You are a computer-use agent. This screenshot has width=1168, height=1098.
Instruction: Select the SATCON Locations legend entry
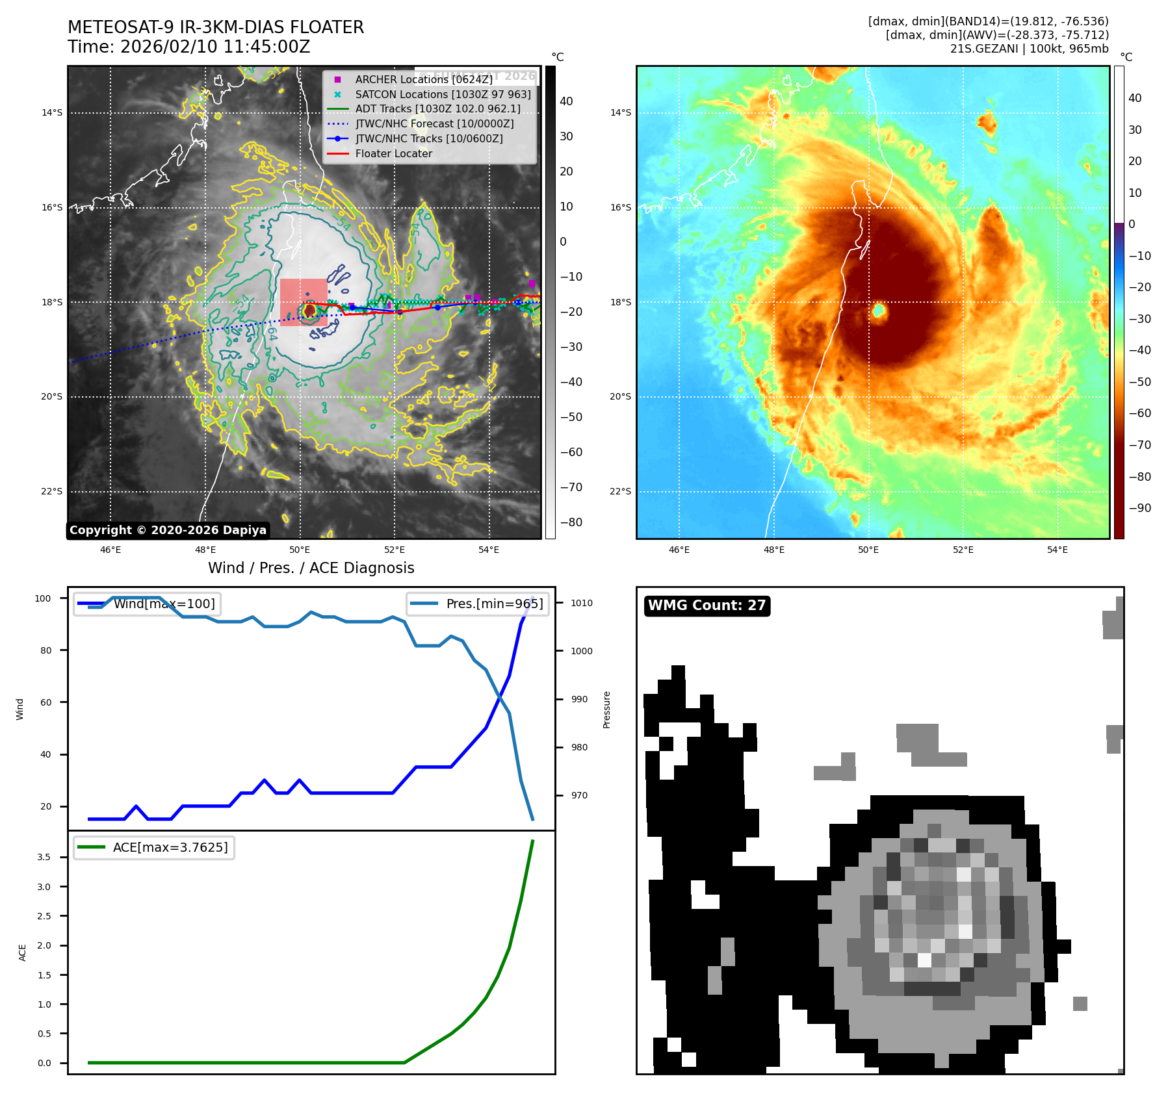coord(443,94)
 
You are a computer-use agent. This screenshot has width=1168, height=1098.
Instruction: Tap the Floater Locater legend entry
coord(393,153)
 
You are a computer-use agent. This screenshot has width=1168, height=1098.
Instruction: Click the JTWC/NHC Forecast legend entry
coord(434,123)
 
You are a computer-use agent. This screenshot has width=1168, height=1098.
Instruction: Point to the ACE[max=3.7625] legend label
coord(170,847)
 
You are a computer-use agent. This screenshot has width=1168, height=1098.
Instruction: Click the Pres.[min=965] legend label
coord(494,604)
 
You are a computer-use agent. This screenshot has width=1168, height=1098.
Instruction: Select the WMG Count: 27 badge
coord(707,606)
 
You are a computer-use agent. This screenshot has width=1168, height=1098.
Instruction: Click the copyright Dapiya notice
coord(168,530)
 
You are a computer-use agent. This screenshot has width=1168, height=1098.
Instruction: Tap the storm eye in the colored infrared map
coord(879,311)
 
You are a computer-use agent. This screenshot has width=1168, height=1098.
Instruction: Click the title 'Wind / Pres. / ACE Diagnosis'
coord(311,568)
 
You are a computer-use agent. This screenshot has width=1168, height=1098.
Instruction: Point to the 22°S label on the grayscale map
coord(52,491)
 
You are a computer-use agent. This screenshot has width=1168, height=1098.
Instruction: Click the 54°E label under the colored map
coord(1057,550)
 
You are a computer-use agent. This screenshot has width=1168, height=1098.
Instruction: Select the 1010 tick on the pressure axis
coord(582,603)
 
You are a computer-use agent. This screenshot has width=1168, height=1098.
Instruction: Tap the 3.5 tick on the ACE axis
coord(44,857)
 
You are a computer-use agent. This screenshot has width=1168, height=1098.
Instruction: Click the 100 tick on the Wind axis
coord(43,598)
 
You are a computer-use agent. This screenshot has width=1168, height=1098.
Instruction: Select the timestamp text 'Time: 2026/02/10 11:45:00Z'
coord(188,47)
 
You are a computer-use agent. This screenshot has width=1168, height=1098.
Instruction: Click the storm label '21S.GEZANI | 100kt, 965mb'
coord(1029,49)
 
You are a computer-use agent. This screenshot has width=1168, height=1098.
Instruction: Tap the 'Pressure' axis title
coord(606,709)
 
